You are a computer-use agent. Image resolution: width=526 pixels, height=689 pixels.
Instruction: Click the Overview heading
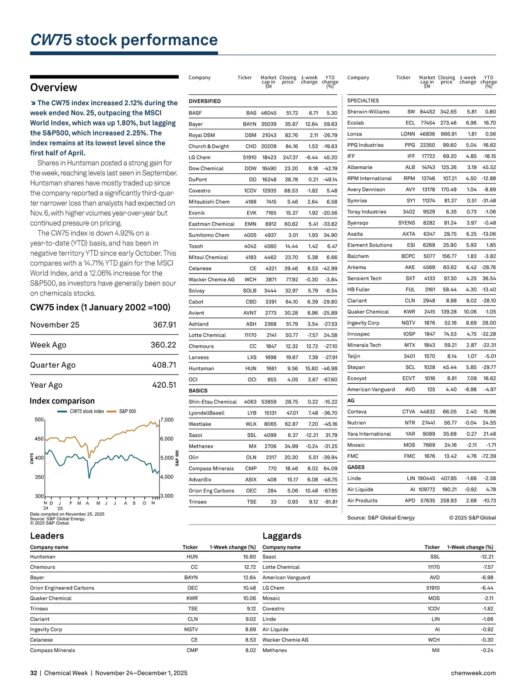click(53, 87)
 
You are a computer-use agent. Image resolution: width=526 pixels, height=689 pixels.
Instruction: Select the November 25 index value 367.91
click(164, 325)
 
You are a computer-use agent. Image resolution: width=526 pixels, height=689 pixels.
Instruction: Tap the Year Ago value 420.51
click(164, 385)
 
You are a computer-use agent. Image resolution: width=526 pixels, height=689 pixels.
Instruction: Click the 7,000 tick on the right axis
click(167, 420)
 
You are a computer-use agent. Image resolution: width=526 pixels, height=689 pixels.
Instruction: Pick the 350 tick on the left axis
click(39, 477)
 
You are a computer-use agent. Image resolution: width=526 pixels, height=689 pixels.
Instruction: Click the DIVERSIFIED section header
click(205, 101)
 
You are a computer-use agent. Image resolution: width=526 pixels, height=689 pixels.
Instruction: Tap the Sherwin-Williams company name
click(368, 112)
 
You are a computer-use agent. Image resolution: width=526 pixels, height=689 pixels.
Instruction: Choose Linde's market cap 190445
click(426, 478)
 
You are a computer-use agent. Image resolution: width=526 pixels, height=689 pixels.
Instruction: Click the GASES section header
click(356, 468)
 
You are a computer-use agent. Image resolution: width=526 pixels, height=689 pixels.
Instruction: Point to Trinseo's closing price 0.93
click(293, 502)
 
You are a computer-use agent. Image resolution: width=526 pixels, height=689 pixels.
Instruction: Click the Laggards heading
click(282, 536)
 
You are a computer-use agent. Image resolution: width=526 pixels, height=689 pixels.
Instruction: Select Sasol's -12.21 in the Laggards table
click(487, 557)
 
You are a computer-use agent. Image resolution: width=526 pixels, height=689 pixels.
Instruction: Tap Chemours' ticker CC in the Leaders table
click(194, 567)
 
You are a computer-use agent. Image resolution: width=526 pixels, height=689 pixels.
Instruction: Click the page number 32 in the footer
click(34, 673)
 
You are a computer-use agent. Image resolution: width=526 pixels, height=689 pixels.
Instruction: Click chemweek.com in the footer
click(473, 673)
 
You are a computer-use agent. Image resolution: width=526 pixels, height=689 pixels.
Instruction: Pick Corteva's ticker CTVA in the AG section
click(409, 412)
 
